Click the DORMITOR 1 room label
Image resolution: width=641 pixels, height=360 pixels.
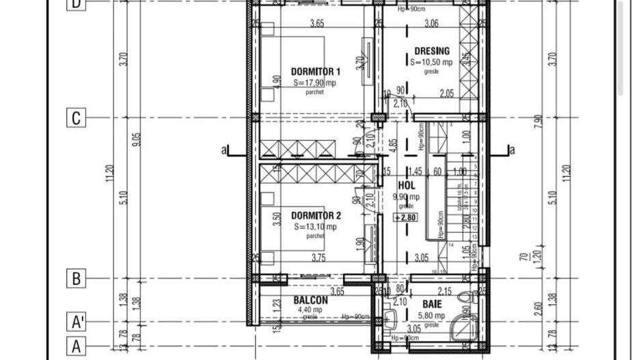315,71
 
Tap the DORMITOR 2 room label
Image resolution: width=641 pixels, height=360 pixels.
315,215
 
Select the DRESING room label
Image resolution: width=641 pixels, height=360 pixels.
432,51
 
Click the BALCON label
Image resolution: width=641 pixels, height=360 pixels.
310,300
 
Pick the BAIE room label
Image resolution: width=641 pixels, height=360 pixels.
431,304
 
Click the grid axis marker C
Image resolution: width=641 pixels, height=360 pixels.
76,118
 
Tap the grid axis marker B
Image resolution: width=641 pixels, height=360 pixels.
76,279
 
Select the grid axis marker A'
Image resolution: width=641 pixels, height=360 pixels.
77,321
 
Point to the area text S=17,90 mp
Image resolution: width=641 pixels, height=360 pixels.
315,83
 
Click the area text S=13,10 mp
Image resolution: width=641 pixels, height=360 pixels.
315,227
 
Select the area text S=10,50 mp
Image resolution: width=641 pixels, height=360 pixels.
432,61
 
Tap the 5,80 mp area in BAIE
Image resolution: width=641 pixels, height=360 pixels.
431,316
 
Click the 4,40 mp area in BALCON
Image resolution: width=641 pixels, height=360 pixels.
309,309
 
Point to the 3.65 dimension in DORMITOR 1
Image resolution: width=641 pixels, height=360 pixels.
316,24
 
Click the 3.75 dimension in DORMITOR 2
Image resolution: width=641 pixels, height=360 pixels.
318,258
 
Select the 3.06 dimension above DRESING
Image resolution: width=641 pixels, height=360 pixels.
431,24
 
